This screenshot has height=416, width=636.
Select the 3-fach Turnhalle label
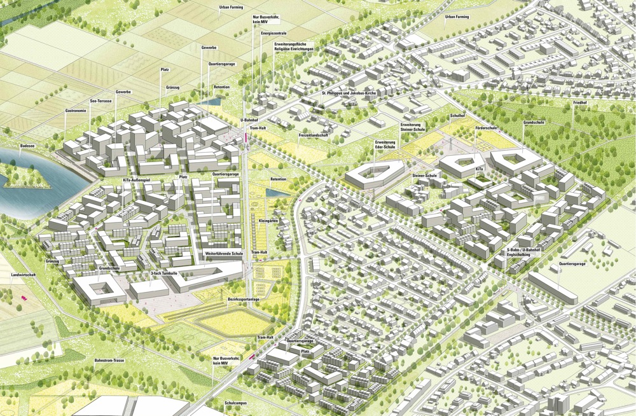163,272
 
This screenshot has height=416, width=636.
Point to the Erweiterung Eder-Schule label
386,144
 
